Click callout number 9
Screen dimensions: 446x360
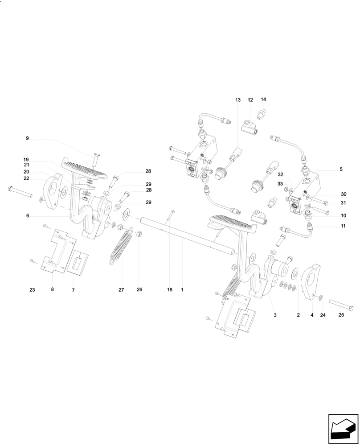point(27,139)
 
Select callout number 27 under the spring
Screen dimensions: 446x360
point(121,290)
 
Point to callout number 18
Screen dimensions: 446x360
point(170,290)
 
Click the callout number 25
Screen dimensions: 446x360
point(341,315)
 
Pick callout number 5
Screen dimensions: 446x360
point(341,169)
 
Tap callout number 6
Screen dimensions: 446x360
point(27,215)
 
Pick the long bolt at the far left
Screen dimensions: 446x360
point(20,193)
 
